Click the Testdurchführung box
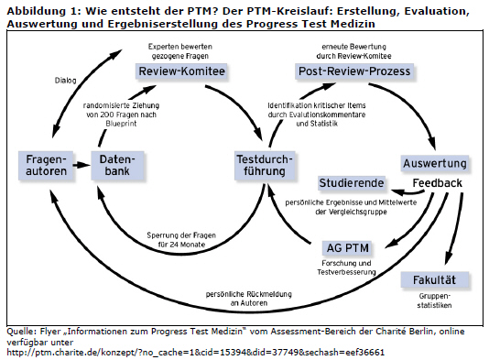265,166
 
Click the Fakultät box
436,280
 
